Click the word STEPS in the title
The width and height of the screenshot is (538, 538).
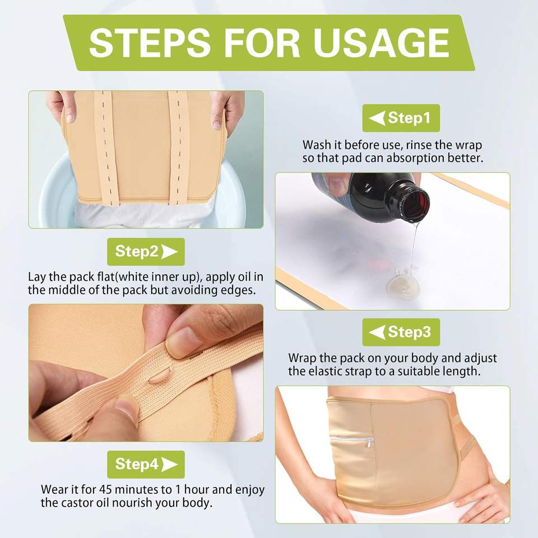(x=150, y=43)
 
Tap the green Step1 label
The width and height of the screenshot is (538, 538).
(x=401, y=118)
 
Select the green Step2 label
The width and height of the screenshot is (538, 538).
(x=146, y=252)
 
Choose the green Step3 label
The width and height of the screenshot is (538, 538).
(x=401, y=332)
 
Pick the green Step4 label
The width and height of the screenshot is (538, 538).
(x=146, y=464)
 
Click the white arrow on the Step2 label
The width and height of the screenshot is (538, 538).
(x=169, y=252)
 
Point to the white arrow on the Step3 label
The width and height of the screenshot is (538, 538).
(x=377, y=332)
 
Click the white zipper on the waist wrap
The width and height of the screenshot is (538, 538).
(x=353, y=439)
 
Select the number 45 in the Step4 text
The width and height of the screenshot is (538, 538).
(x=106, y=489)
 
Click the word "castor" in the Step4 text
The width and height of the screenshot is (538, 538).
(x=75, y=503)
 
